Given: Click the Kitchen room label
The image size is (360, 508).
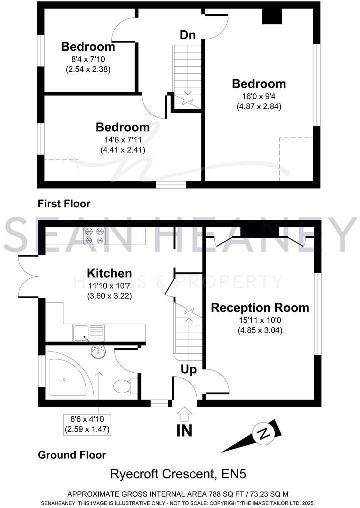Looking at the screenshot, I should click(109, 273).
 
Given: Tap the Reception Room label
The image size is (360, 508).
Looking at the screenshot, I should click(260, 308).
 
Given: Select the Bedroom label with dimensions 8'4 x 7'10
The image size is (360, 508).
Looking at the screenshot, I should click(88, 47).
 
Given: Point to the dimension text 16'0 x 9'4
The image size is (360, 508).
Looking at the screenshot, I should click(259, 96).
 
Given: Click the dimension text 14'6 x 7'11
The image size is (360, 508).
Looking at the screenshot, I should click(123, 139).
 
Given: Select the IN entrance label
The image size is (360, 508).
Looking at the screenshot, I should click(184, 430).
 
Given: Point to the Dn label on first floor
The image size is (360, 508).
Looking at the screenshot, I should click(187, 35).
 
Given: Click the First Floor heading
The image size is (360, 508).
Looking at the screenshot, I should click(64, 204).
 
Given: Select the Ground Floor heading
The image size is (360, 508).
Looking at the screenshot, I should click(72, 455).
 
